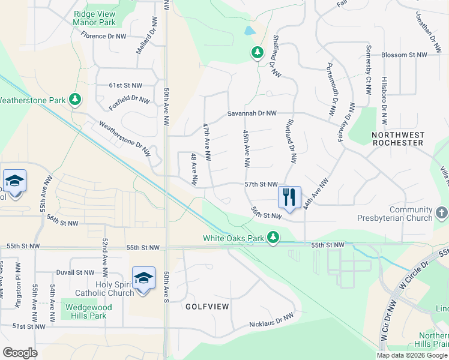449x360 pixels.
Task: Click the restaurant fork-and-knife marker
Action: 289,197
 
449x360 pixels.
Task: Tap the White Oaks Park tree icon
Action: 273,238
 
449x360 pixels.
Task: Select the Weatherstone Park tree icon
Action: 75,99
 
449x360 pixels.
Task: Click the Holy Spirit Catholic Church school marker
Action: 143,279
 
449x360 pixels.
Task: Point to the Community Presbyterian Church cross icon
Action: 441,212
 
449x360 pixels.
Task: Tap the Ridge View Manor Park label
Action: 94,18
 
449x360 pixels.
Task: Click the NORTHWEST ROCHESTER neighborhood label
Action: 398,139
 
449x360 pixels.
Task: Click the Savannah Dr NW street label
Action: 252,113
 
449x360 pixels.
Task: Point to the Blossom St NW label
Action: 406,55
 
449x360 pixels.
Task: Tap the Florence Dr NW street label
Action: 104,37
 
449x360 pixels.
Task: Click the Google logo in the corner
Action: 20,353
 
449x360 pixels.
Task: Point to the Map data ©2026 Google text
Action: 412,355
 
